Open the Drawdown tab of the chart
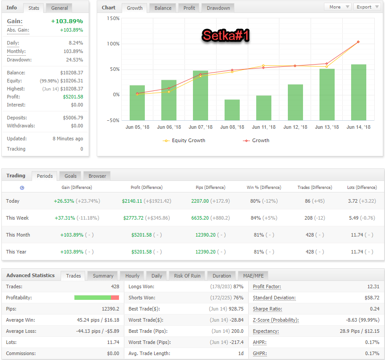tap(218, 8)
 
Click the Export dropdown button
tap(367, 7)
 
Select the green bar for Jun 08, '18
tap(232, 110)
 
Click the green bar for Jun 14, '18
tap(358, 92)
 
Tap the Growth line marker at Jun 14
tap(358, 42)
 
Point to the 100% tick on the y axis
tap(113, 44)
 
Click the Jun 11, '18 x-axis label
tap(264, 127)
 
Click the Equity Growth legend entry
tap(184, 140)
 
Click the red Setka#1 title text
tap(225, 35)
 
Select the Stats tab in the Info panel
tap(33, 8)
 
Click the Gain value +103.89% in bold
tap(67, 21)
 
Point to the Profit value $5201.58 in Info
tap(73, 97)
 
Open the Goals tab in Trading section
tap(70, 176)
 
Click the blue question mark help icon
tap(22, 188)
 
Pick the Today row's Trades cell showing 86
tap(307, 201)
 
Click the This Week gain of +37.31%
tap(65, 218)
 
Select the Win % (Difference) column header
tap(264, 188)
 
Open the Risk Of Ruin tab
tap(187, 276)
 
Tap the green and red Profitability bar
tap(97, 298)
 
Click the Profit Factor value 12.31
tap(373, 286)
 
